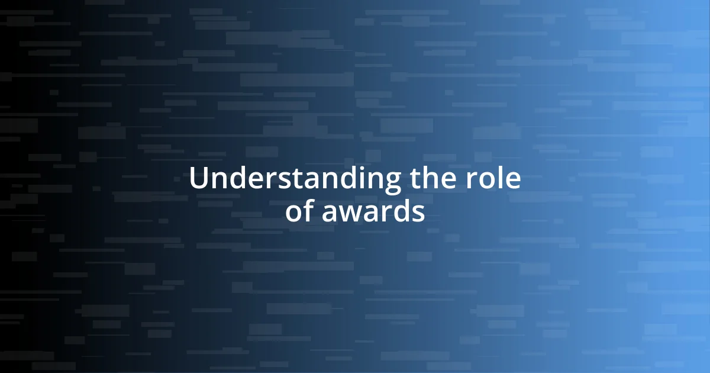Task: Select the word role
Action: [494, 179]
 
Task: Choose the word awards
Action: [373, 211]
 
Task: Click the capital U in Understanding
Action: [198, 179]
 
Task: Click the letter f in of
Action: [309, 210]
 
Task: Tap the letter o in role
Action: [490, 181]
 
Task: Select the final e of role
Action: [514, 181]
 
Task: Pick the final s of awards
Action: [418, 213]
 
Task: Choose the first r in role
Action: [476, 181]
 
